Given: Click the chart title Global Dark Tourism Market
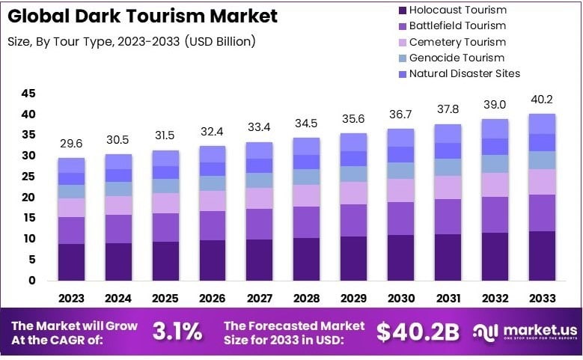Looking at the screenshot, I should tap(142, 16).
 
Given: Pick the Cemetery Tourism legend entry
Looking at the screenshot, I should tap(457, 42).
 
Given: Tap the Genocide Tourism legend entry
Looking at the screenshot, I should tap(457, 58).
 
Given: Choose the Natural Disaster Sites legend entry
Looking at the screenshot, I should tap(465, 73).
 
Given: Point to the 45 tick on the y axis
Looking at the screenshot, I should tap(28, 94).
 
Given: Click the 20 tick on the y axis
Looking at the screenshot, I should tap(28, 198).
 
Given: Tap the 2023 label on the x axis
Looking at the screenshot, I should tap(71, 298).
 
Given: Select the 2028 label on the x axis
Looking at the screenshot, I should tap(306, 298).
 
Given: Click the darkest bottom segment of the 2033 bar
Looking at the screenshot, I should tap(542, 256).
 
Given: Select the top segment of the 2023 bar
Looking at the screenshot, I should tap(71, 165).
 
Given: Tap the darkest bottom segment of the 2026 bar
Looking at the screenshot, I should tap(212, 260).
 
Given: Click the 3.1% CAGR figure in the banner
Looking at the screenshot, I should tap(177, 331).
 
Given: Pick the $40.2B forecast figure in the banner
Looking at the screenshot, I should tap(418, 332).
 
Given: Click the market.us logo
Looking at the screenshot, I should tap(523, 332).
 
